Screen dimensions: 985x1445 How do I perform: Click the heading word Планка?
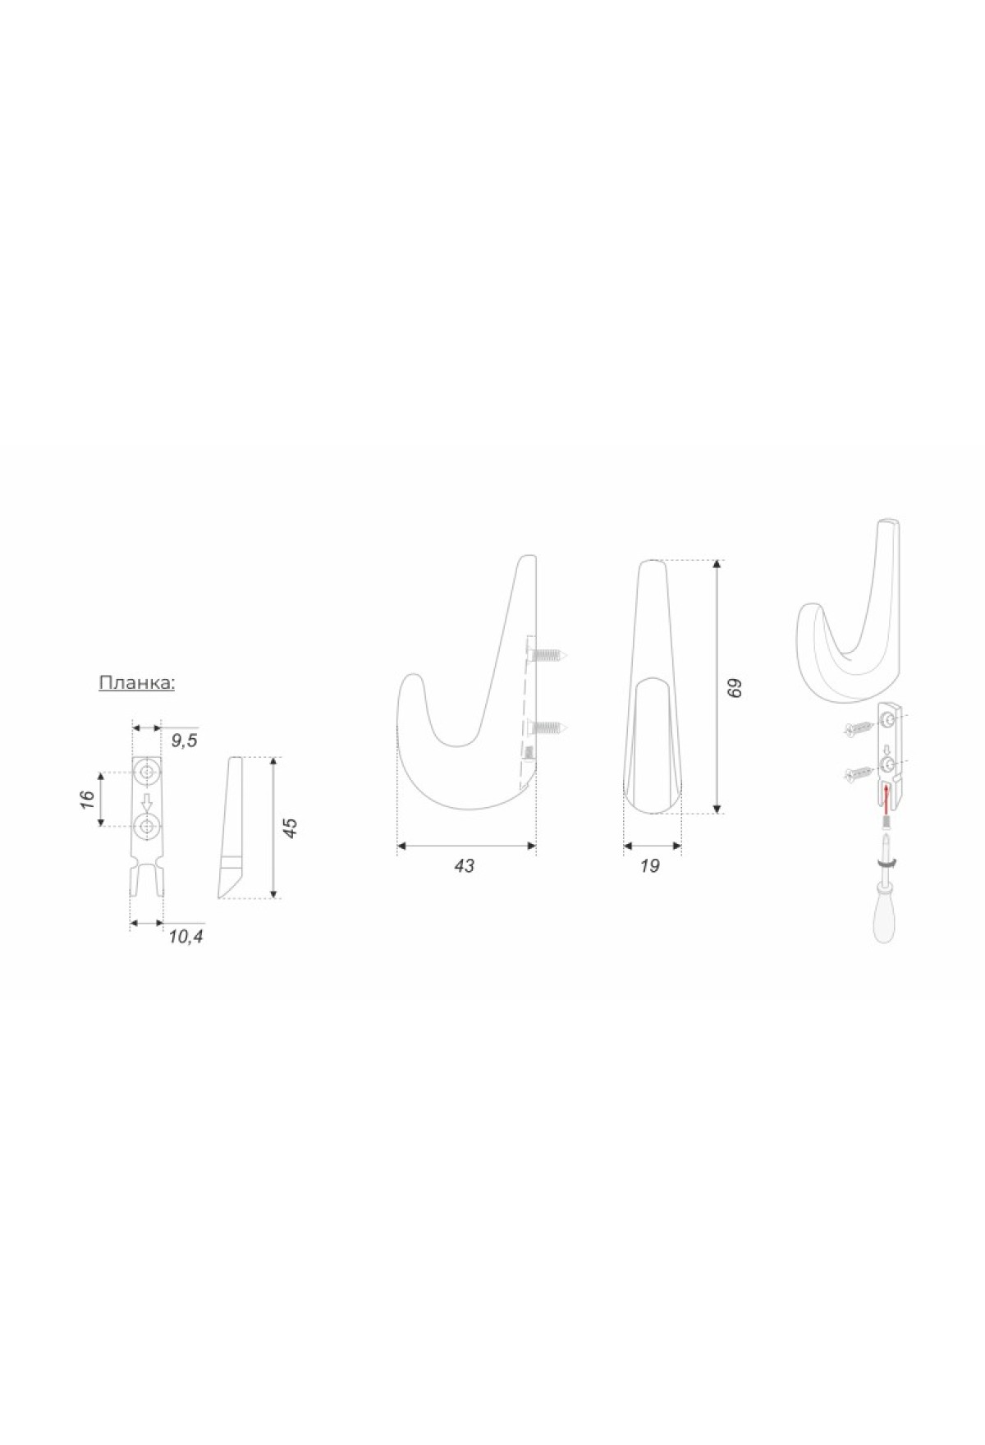tap(136, 683)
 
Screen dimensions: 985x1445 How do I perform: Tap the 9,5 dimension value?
tap(184, 741)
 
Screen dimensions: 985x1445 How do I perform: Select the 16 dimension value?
tap(88, 799)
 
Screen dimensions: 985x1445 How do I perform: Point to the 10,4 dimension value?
tap(186, 935)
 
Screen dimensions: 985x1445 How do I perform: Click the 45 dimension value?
tap(289, 828)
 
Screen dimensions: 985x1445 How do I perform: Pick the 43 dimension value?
tap(464, 865)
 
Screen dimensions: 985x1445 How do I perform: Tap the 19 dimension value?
tap(649, 865)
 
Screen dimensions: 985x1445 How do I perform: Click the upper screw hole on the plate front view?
tap(148, 773)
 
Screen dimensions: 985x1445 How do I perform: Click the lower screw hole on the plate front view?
tap(148, 826)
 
